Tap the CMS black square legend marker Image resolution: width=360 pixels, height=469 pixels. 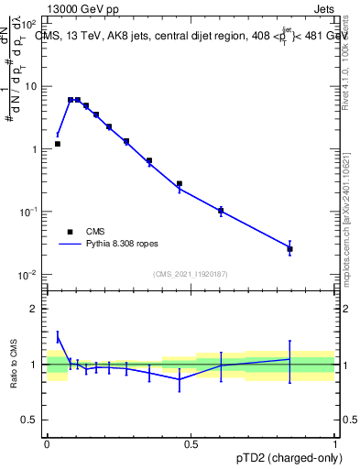tap(70, 232)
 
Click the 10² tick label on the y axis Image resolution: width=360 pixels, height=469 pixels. tap(27, 24)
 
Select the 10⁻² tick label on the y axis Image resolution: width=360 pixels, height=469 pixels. tap(27, 275)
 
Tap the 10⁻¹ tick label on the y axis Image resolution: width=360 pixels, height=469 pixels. tap(27, 212)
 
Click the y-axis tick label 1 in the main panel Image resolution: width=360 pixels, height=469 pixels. tap(33, 149)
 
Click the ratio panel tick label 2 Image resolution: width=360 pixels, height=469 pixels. tap(36, 309)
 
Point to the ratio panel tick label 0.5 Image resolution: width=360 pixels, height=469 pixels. tap(29, 420)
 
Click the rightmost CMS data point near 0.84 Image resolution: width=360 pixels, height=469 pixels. tap(289, 249)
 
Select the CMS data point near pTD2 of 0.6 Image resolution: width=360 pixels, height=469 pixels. tap(221, 211)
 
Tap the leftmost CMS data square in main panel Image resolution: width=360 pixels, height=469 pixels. tap(58, 144)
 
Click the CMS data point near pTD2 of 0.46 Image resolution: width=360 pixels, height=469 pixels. tap(180, 184)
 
